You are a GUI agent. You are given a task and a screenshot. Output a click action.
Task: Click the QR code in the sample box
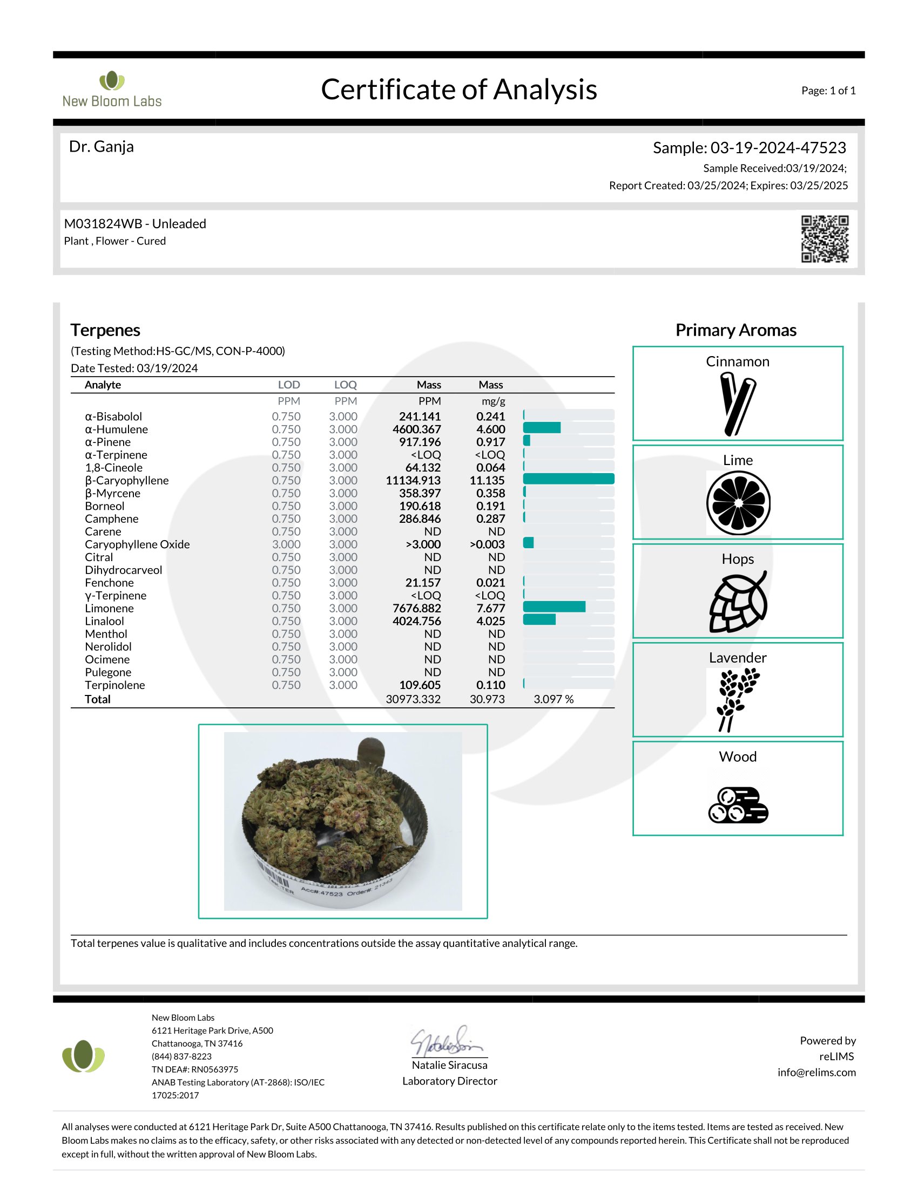(x=825, y=239)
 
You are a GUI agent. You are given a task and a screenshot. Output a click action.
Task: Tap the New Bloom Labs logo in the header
(x=112, y=90)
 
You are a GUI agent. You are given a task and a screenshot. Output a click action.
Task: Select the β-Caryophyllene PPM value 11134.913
(x=413, y=480)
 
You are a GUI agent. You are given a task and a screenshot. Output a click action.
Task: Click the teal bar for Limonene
(x=554, y=607)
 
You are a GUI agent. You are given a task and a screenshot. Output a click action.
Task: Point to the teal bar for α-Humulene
(x=542, y=428)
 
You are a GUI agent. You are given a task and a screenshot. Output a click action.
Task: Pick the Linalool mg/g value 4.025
(x=490, y=621)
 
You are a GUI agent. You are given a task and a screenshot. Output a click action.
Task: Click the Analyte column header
(x=103, y=385)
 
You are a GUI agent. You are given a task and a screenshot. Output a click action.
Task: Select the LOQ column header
(x=346, y=385)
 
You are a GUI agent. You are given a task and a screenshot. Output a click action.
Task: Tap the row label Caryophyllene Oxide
(x=137, y=544)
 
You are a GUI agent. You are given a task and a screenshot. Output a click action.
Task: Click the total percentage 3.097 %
(x=553, y=699)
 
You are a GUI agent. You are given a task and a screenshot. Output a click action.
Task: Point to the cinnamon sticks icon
(x=738, y=404)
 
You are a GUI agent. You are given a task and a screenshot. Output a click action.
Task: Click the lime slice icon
(x=738, y=503)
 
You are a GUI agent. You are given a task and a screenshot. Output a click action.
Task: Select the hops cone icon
(x=738, y=602)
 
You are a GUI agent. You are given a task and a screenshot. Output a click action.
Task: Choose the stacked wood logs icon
(x=738, y=805)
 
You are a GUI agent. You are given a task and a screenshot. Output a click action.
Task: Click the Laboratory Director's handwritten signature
(x=447, y=1041)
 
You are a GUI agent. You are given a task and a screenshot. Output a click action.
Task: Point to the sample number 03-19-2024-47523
(x=778, y=148)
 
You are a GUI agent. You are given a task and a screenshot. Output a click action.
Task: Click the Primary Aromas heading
(x=736, y=330)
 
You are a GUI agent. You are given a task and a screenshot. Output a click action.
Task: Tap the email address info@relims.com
(x=816, y=1072)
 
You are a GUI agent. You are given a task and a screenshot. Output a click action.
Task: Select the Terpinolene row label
(x=114, y=685)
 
